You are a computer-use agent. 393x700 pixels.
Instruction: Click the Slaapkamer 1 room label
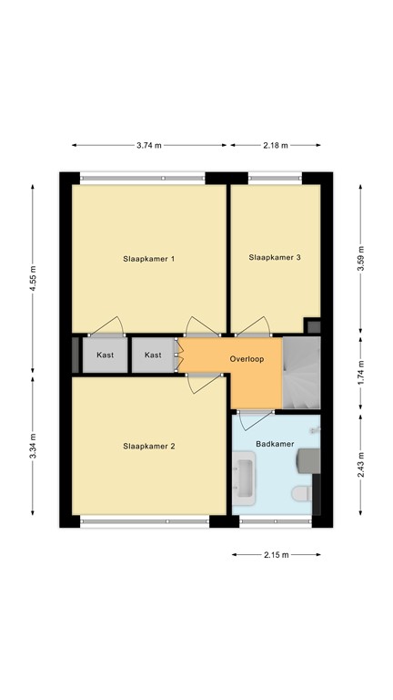[148, 259]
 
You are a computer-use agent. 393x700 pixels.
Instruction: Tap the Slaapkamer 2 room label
[148, 447]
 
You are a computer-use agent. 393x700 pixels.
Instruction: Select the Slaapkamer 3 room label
[275, 258]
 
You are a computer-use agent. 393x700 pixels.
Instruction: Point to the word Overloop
[247, 358]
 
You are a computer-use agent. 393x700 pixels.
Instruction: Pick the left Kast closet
[105, 355]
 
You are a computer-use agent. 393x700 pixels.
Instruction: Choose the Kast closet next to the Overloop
[153, 355]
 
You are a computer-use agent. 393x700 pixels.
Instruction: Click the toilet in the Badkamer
[299, 493]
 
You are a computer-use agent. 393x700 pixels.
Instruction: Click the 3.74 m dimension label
[148, 145]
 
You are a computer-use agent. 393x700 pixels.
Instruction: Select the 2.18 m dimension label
[275, 145]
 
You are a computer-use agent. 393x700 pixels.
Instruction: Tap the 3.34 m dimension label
[35, 450]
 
